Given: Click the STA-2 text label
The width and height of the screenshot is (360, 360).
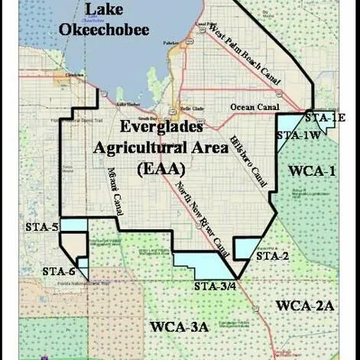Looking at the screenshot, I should [x=271, y=256].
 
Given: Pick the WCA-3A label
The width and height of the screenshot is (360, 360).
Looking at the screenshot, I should [x=179, y=327].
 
